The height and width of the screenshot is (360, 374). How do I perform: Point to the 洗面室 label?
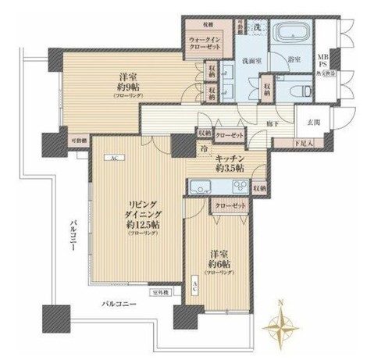250,59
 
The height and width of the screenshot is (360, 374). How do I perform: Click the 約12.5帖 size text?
134,224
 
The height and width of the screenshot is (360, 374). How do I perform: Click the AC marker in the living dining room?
112,159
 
